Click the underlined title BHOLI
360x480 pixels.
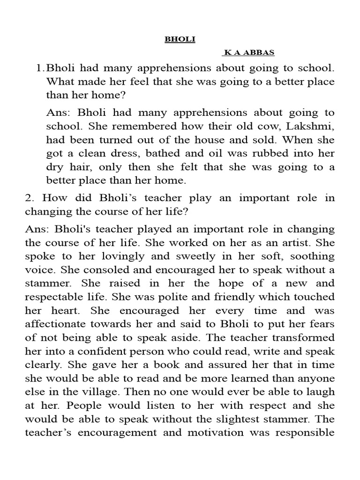(x=180, y=40)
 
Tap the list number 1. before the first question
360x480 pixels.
(x=40, y=68)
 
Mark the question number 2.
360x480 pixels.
(x=29, y=198)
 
